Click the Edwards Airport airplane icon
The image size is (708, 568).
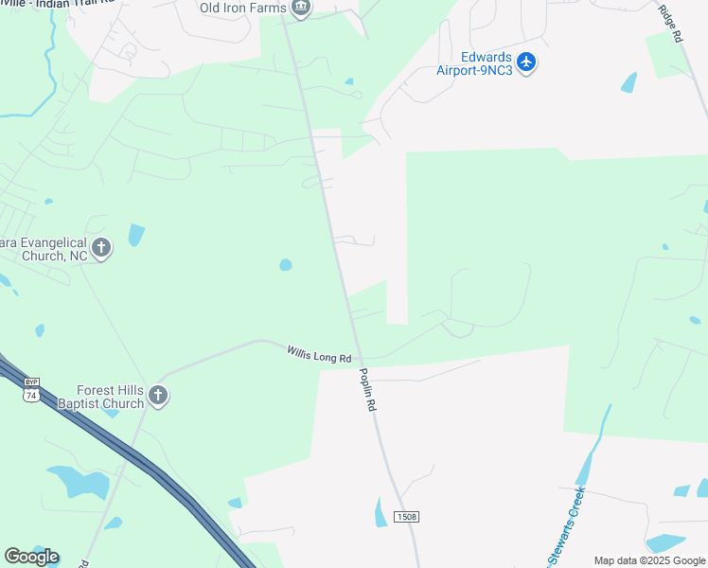click(x=527, y=62)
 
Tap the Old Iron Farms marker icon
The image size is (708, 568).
click(x=301, y=9)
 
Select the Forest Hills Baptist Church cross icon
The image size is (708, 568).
click(x=158, y=397)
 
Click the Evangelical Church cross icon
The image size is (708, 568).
click(x=101, y=249)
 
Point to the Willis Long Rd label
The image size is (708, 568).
click(x=319, y=355)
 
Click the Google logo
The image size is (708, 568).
click(x=31, y=557)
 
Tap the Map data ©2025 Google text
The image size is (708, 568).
click(x=650, y=560)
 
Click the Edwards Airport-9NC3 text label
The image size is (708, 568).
click(x=475, y=62)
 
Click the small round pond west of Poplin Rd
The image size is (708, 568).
click(x=286, y=265)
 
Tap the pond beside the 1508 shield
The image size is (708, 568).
click(x=381, y=512)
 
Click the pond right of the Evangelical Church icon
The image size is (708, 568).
click(x=136, y=234)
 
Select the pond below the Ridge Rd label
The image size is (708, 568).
click(x=628, y=82)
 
